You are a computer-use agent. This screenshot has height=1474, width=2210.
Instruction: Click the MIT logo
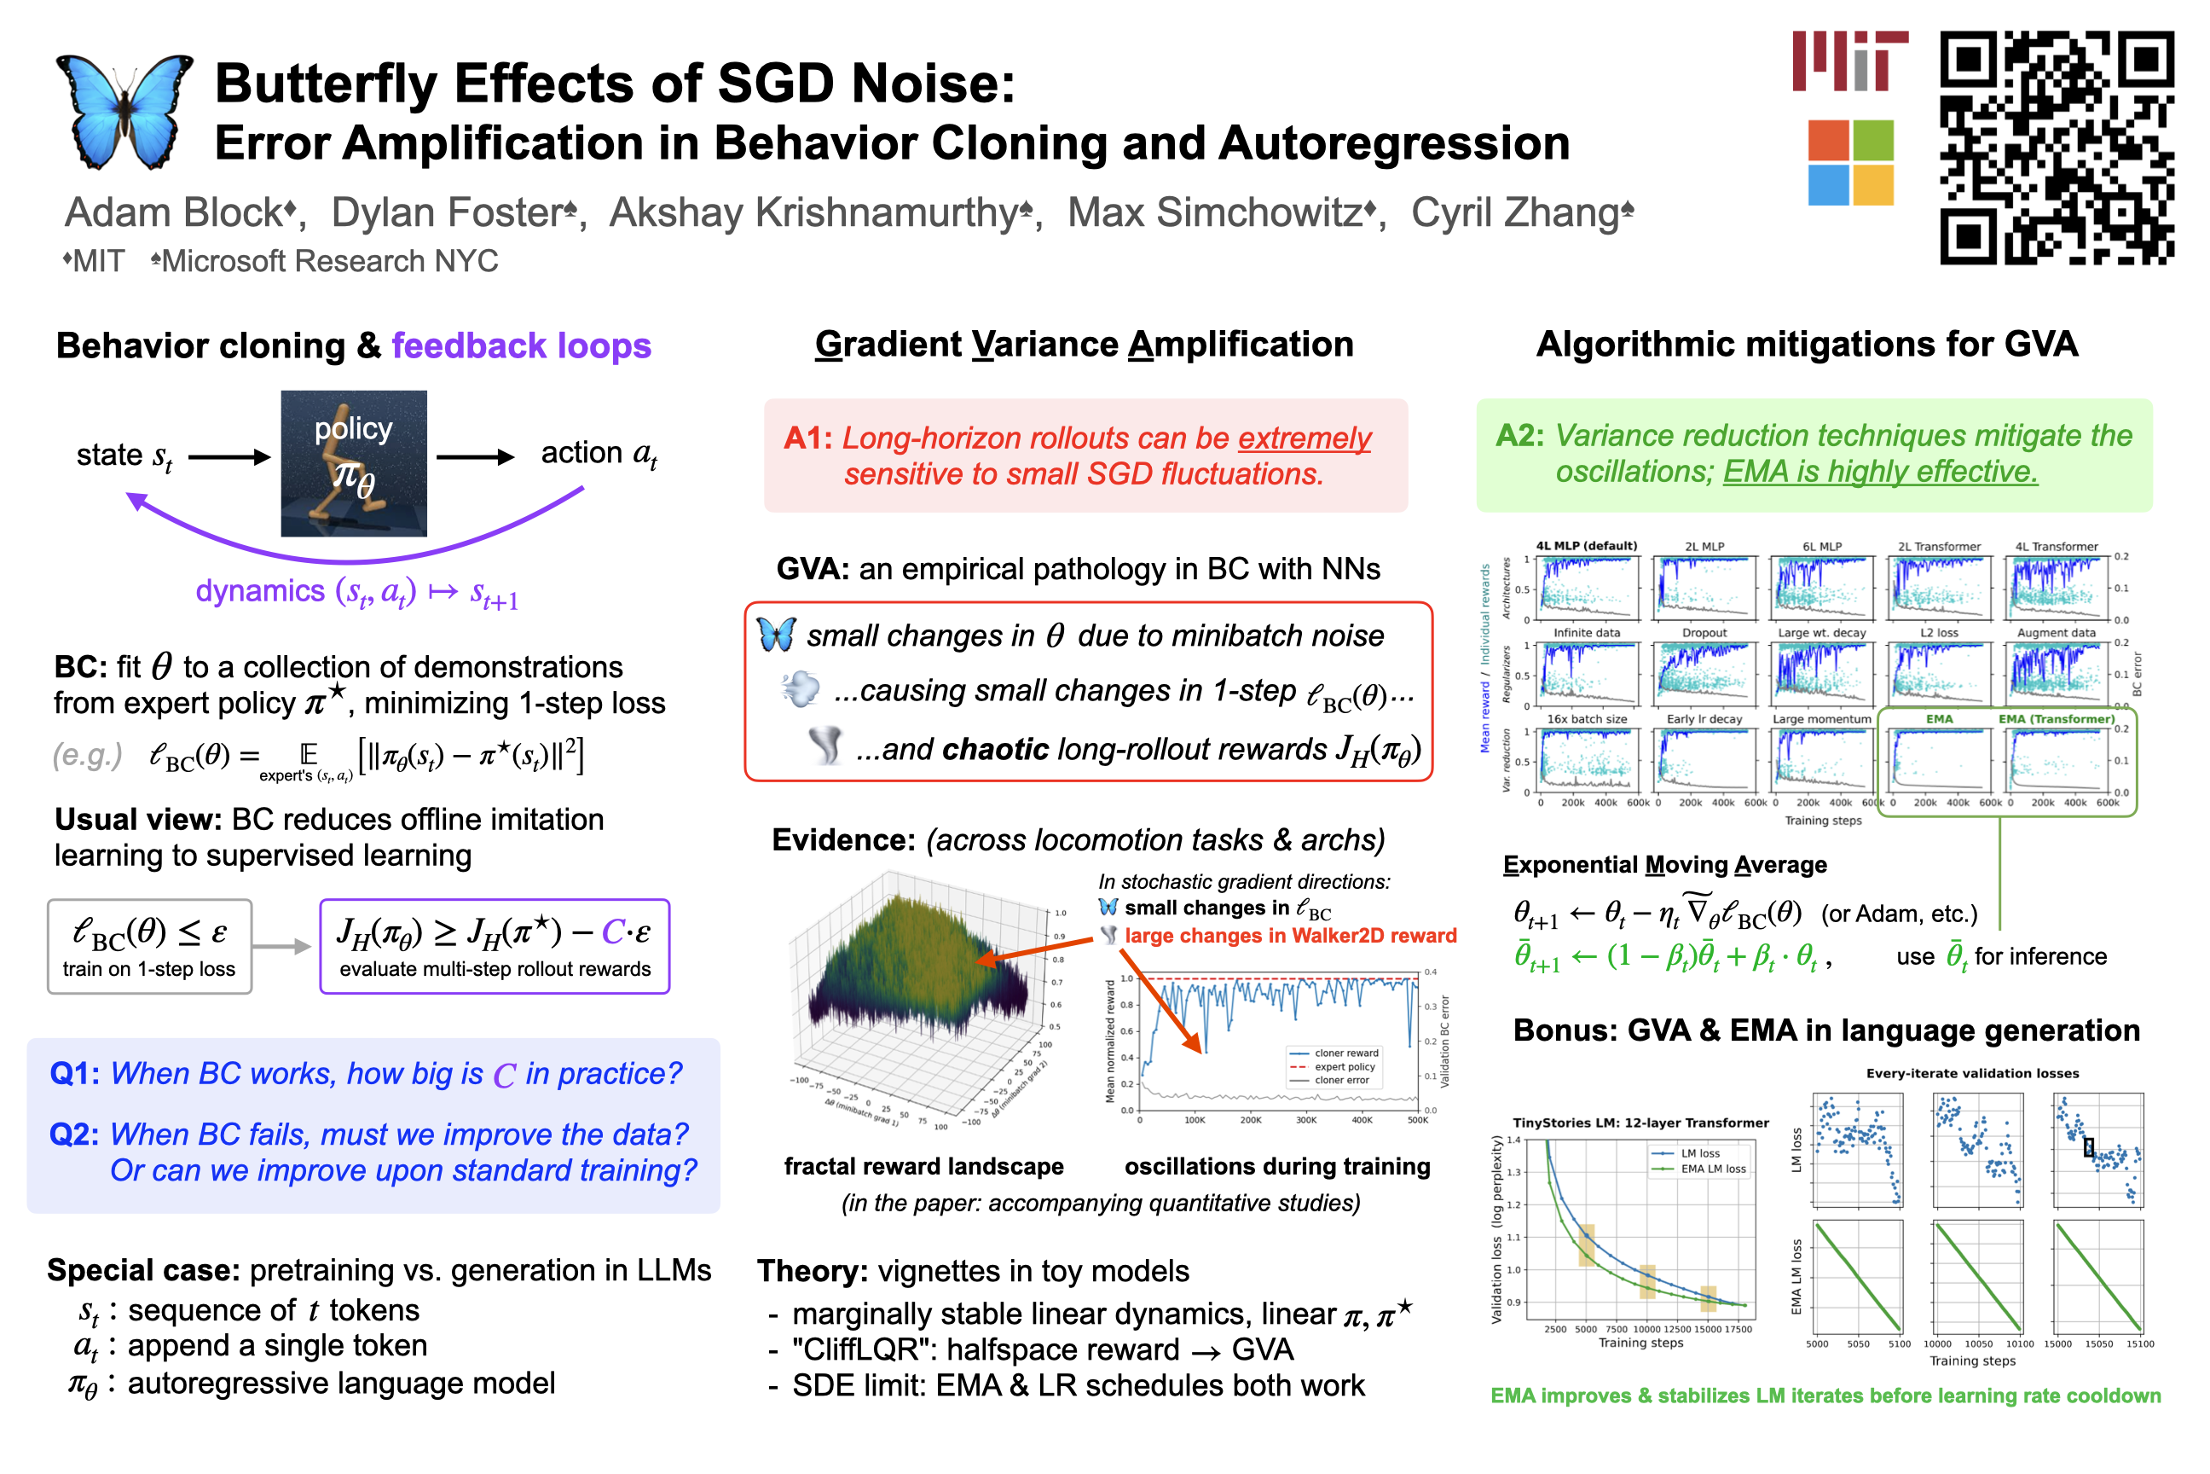click(1849, 61)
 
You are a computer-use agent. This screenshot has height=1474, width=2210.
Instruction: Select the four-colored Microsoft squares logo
click(1850, 162)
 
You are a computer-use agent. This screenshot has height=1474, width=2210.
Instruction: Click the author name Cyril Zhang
click(1520, 213)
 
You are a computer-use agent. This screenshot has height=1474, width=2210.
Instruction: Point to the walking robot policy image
click(354, 463)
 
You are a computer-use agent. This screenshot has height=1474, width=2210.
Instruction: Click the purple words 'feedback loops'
click(522, 346)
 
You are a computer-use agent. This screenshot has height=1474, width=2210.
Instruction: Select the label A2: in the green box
click(1519, 435)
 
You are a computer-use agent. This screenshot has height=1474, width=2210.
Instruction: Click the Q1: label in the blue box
click(74, 1074)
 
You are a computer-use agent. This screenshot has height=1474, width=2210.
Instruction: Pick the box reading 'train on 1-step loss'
click(149, 947)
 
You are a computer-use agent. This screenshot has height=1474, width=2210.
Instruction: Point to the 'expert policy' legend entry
click(1344, 1067)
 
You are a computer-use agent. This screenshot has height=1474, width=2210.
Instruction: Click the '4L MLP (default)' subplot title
click(1586, 546)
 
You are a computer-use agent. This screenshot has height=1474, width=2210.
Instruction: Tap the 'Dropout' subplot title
click(1704, 633)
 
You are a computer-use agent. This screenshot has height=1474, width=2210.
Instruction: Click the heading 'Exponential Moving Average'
click(1664, 865)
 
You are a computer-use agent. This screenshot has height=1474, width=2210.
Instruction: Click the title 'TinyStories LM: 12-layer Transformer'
click(1640, 1123)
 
